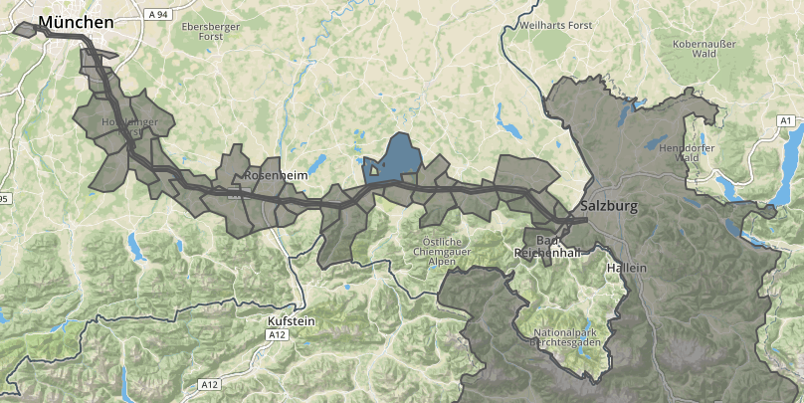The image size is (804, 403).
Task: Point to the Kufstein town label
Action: [291, 321]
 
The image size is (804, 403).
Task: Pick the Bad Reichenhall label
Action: [540, 247]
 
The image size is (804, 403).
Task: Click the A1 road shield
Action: [785, 120]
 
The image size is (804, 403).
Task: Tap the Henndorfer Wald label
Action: [679, 151]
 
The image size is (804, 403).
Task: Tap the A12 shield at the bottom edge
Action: [209, 384]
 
